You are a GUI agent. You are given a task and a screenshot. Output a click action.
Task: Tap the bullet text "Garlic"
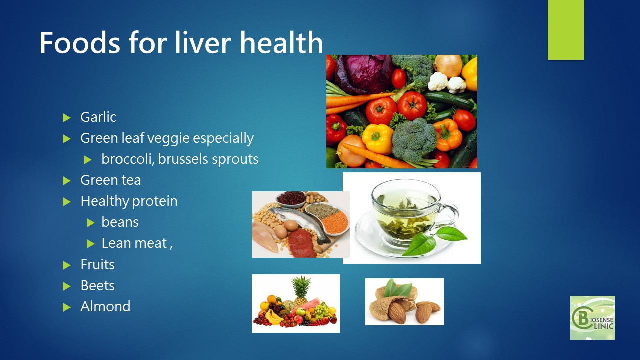tap(98, 117)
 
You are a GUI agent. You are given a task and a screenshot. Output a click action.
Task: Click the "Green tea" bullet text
tap(111, 180)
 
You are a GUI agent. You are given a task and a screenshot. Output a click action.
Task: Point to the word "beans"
tap(120, 222)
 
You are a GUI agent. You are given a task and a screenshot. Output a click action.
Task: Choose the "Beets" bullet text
tap(97, 285)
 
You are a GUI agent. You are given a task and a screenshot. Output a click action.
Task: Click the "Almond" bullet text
tap(105, 306)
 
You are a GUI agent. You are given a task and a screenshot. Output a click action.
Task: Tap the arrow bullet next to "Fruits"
tap(67, 265)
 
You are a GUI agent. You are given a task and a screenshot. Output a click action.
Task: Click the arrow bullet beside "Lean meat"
tap(91, 244)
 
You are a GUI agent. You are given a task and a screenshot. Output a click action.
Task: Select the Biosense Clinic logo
tap(592, 318)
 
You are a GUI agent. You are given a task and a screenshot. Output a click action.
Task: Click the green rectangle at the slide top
tap(565, 30)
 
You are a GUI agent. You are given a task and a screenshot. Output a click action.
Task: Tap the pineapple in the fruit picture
tap(301, 290)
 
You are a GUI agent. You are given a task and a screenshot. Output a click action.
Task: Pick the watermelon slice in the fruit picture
tap(307, 304)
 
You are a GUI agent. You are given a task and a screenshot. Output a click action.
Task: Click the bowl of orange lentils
tap(336, 222)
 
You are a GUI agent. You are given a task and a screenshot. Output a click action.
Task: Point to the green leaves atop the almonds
tap(397, 288)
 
